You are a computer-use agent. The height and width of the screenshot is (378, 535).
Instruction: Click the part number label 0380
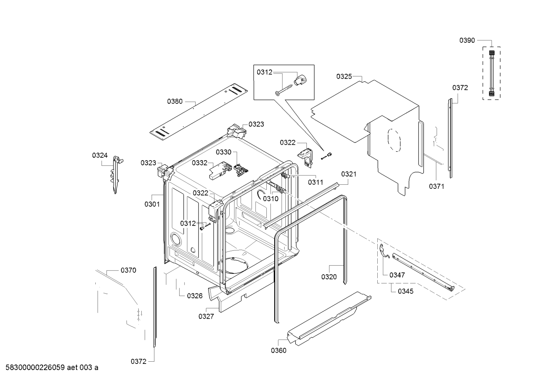(x=175, y=101)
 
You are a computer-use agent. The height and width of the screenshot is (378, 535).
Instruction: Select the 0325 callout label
(x=344, y=76)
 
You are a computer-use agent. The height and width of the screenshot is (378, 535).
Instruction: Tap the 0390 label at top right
(x=467, y=40)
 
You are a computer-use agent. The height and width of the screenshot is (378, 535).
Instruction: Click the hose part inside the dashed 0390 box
(x=492, y=74)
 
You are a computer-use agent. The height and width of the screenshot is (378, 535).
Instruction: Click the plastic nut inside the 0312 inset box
(x=301, y=79)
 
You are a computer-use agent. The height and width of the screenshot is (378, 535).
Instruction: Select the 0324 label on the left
(x=100, y=155)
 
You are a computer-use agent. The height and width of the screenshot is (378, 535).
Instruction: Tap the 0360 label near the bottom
(x=279, y=351)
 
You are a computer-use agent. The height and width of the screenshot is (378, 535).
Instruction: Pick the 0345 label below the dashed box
(x=406, y=291)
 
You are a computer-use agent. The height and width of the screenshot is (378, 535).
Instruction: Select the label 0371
(x=436, y=187)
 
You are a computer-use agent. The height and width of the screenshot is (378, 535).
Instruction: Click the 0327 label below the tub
(x=206, y=316)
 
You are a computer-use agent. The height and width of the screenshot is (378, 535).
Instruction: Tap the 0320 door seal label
(x=329, y=277)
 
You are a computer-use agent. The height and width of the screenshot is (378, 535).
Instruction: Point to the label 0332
(x=200, y=163)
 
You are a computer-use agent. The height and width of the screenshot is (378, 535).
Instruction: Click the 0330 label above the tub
(x=223, y=152)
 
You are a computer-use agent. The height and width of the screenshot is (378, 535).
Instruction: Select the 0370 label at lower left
(x=128, y=270)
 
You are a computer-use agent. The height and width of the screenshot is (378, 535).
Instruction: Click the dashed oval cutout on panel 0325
(x=394, y=141)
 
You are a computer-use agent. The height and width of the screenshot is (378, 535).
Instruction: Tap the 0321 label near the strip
(x=349, y=174)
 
